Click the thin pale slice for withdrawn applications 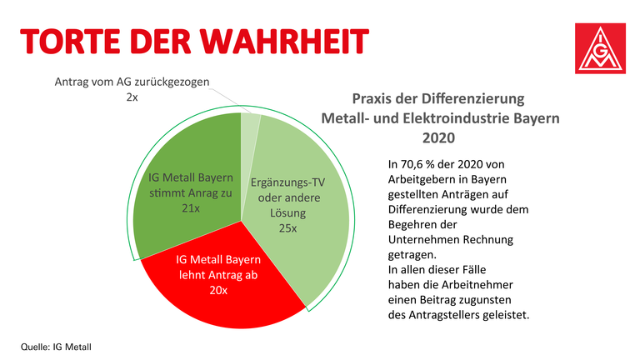coord(249,125)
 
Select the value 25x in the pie coord(287,226)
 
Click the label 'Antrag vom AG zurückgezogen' coord(132,82)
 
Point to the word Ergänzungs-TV coord(288,181)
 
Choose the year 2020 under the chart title coord(440,137)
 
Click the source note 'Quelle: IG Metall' coord(56,344)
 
